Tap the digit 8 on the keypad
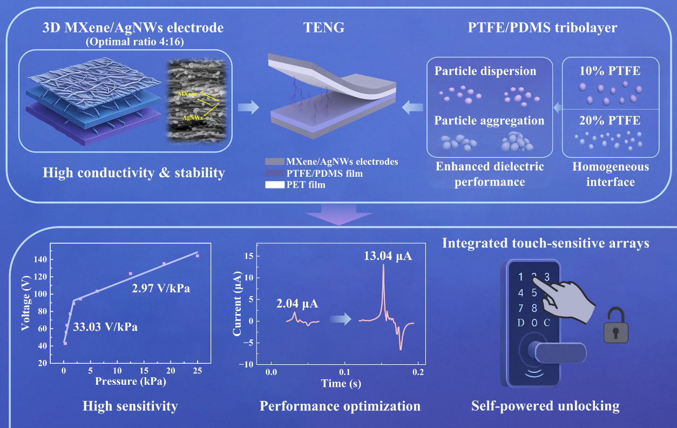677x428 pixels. (x=534, y=308)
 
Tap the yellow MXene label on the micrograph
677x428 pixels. (x=187, y=93)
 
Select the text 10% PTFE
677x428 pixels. (x=611, y=71)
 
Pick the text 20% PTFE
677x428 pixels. (x=611, y=121)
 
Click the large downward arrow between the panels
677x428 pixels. (x=338, y=213)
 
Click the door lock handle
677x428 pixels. (x=559, y=353)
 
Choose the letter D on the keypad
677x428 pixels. (x=520, y=323)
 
